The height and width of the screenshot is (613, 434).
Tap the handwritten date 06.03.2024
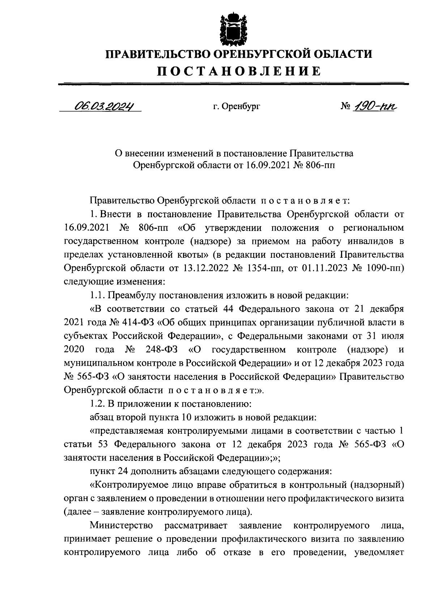click(102, 106)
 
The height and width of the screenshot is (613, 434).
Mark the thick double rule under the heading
click(233, 84)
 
